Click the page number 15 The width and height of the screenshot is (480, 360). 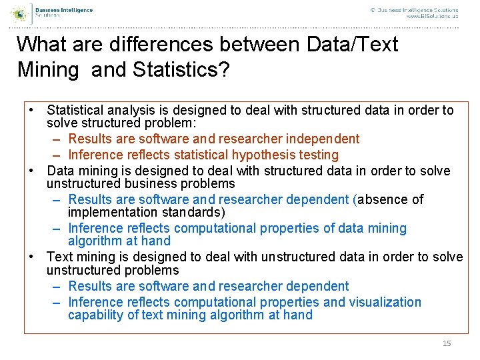pos(447,343)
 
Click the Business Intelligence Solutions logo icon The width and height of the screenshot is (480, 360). pos(20,13)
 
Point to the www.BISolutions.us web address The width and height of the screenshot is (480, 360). pos(432,16)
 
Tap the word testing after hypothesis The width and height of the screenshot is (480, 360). pos(319,155)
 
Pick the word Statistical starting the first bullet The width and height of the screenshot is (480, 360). pos(75,110)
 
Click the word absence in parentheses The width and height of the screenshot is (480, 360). pos(383,199)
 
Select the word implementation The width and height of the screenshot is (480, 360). pos(111,212)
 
